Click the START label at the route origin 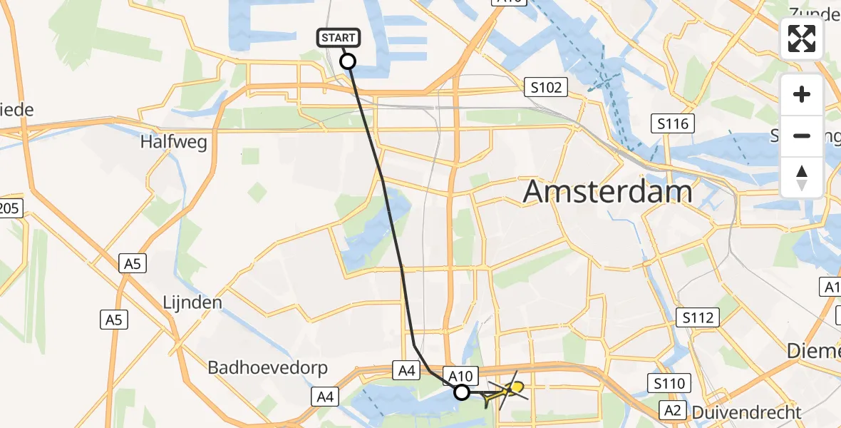(339, 38)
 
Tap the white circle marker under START (348, 61)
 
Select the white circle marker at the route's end (462, 392)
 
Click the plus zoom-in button (802, 94)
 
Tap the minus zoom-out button (802, 136)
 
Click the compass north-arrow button (802, 177)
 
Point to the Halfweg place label (174, 142)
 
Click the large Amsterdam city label (608, 191)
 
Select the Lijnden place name (192, 302)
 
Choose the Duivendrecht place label (747, 412)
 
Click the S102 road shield (546, 88)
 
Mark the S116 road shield (674, 124)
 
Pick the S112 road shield (698, 317)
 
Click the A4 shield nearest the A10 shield (406, 370)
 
